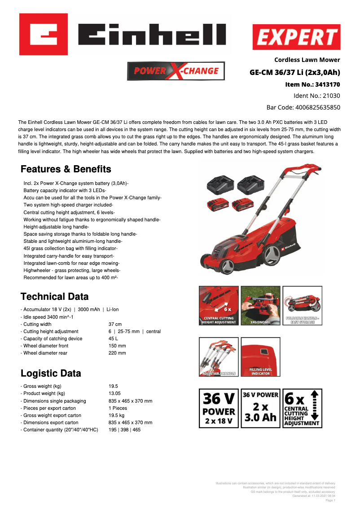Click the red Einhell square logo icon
point(43,34)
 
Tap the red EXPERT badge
point(296,37)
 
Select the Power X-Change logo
point(176,70)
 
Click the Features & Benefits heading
point(66,169)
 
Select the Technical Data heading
point(55,297)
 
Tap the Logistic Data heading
point(51,373)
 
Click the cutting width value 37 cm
point(115,324)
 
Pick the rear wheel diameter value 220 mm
point(117,353)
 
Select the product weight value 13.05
point(115,394)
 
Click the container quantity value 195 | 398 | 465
point(124,430)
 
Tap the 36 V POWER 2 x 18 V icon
point(219,408)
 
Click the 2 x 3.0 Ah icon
point(260,408)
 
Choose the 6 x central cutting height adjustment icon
point(303,408)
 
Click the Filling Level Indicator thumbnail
point(260,357)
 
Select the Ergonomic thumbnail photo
point(260,306)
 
